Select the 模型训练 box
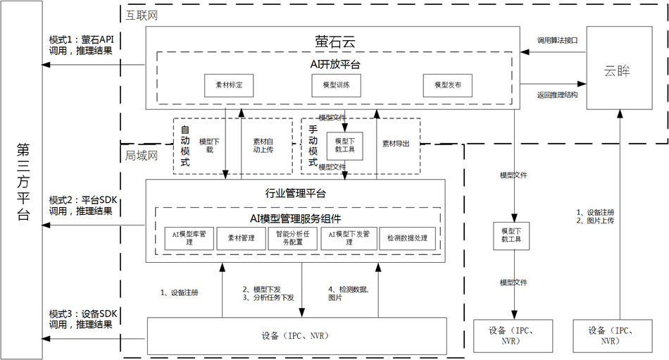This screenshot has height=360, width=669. point(336,85)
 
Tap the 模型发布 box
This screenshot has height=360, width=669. point(447,85)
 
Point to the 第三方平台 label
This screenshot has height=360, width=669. point(22,182)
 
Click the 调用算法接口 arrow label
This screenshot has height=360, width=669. point(557,41)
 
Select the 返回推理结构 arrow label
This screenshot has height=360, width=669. point(557,94)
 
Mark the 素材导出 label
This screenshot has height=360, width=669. point(395,144)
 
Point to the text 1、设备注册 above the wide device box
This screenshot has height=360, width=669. point(180,292)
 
